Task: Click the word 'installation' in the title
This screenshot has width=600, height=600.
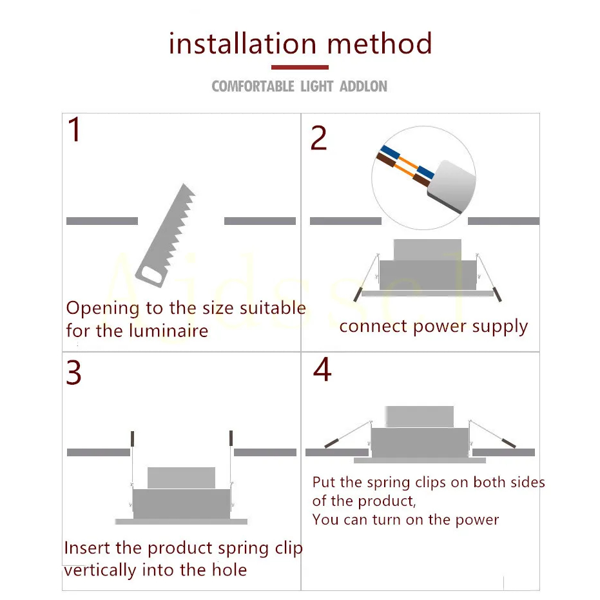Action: click(x=243, y=44)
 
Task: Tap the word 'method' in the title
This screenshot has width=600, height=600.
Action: click(x=379, y=44)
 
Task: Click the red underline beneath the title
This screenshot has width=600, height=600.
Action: click(x=300, y=67)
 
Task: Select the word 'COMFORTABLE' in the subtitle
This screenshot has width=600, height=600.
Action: click(x=253, y=86)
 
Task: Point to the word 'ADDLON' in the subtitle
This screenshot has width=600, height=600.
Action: click(x=363, y=86)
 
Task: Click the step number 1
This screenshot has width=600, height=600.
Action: click(x=75, y=131)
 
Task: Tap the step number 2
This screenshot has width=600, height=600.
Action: click(x=318, y=138)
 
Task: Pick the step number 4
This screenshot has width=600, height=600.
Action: click(x=322, y=369)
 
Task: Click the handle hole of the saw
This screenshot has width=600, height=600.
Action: click(x=150, y=276)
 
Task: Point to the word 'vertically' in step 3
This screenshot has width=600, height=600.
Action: click(x=100, y=570)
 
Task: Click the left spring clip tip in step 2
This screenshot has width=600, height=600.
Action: click(x=358, y=294)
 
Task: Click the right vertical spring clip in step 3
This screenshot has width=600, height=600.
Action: click(x=230, y=439)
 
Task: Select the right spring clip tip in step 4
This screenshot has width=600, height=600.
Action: click(x=508, y=443)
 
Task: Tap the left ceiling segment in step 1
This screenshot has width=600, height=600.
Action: click(x=102, y=221)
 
